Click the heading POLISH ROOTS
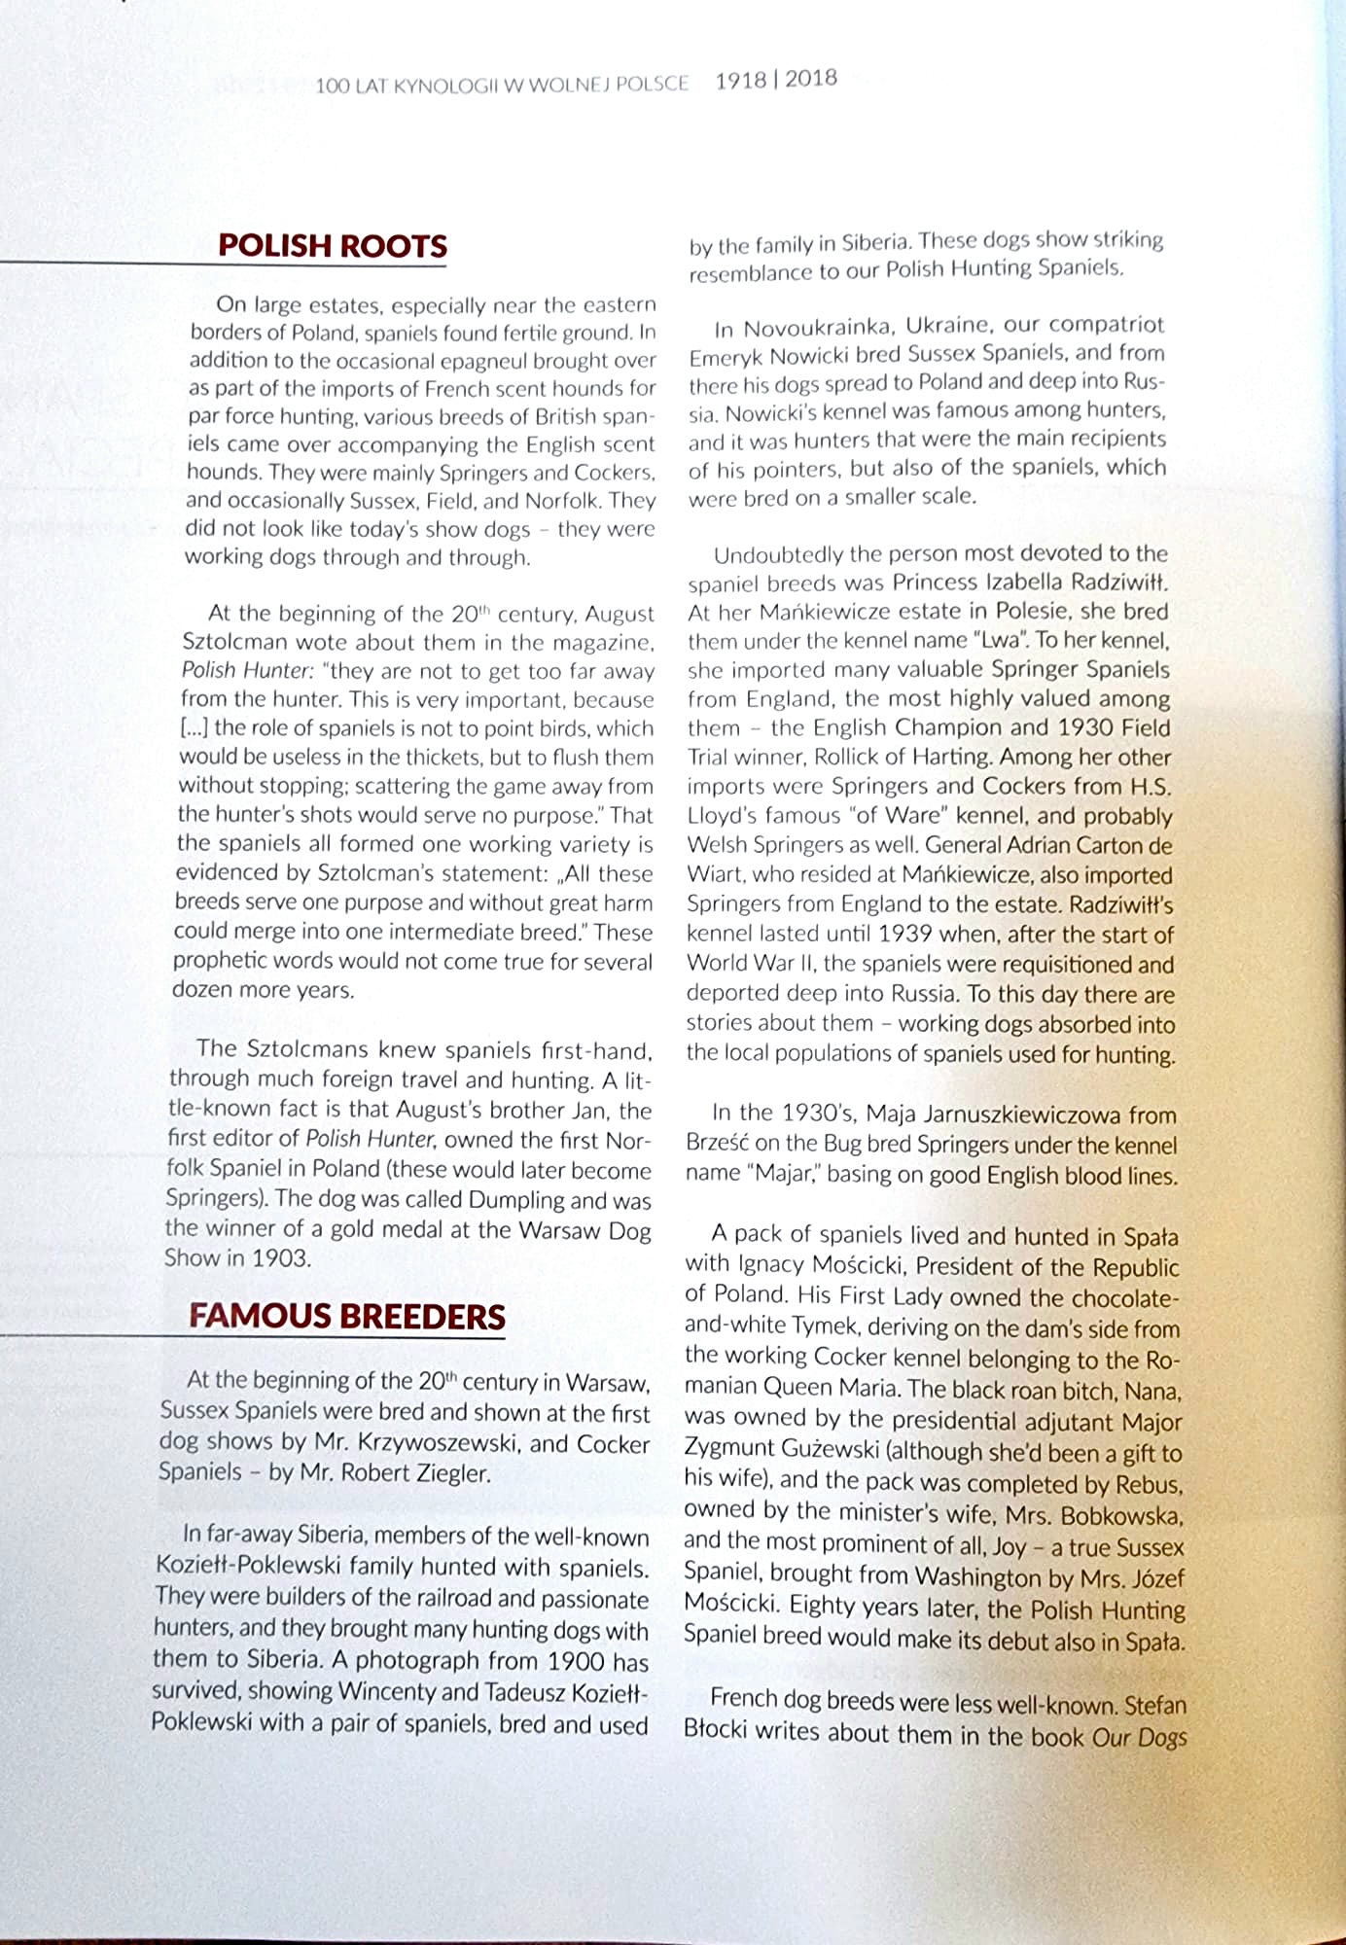coord(333,245)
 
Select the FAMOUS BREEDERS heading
coord(347,1316)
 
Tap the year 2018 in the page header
coord(811,79)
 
